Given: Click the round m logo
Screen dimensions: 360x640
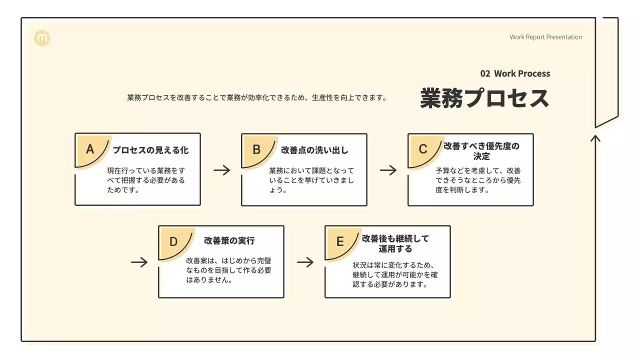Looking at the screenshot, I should coord(42,38).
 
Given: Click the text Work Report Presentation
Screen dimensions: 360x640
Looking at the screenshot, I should coord(545,37).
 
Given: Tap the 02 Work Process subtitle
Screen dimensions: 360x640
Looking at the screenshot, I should coord(515,73).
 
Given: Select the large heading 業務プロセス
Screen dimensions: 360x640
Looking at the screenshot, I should coord(484,98).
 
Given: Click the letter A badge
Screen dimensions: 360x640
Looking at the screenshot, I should coord(90,149).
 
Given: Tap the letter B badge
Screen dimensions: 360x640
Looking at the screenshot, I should coord(256,149).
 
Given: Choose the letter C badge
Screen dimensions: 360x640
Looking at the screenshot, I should coord(423,149).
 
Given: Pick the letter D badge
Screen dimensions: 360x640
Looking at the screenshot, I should coord(173,241).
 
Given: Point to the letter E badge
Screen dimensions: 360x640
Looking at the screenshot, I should coord(340,241).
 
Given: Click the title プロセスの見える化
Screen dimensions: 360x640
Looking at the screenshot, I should coord(150,150).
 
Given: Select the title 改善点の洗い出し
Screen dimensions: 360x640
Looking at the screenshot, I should coord(314,150).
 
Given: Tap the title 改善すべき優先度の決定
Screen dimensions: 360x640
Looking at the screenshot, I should coord(482,151).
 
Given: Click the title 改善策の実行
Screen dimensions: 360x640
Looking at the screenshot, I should coord(229,240).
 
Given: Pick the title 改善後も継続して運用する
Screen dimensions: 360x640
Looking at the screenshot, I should coord(395,243).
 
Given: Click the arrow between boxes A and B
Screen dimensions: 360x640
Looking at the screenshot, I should coord(221,170).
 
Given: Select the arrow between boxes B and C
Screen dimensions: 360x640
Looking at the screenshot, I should coord(388,170).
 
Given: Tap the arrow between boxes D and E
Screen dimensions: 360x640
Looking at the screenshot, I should coord(305,262).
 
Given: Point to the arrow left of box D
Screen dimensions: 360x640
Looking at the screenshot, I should coord(139,262).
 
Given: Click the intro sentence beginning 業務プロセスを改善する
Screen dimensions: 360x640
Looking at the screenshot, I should coord(257,97).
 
